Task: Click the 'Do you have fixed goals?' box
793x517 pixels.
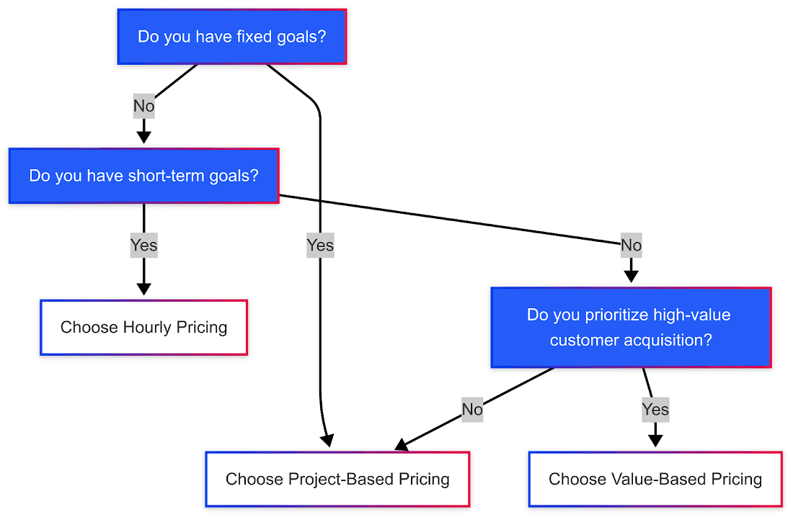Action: [231, 37]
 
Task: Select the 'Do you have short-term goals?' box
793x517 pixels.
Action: [143, 176]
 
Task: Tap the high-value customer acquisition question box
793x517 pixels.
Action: [631, 328]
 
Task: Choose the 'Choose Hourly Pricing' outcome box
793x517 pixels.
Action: [143, 328]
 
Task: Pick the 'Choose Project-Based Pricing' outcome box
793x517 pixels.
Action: [337, 479]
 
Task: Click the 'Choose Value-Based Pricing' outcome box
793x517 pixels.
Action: [655, 479]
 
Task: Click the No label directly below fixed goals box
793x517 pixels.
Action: [143, 107]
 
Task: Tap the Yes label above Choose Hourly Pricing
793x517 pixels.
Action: [143, 246]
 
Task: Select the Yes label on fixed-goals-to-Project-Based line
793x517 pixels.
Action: [320, 246]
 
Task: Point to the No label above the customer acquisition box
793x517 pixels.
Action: [631, 246]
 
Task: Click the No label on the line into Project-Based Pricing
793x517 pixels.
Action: [472, 410]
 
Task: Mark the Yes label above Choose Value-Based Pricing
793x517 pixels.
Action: [655, 410]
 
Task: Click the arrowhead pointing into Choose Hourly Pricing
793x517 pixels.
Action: [143, 288]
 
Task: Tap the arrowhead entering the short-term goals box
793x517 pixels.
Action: [143, 136]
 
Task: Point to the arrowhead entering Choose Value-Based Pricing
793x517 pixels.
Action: [655, 439]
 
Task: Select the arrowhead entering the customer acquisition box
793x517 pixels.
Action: [631, 275]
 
